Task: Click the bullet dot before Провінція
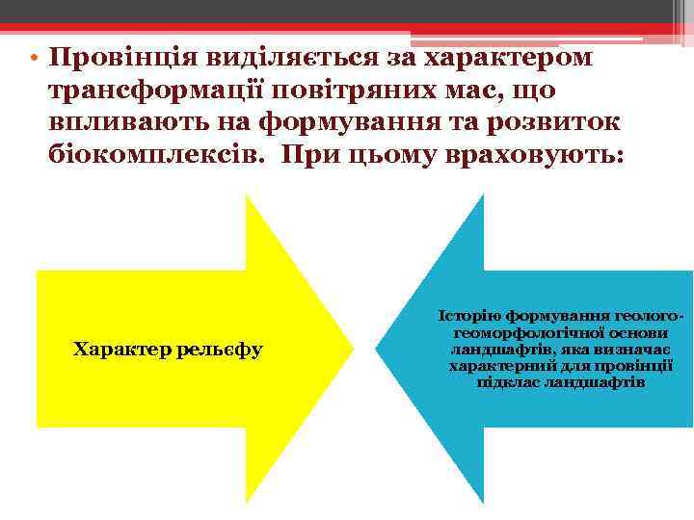[33, 57]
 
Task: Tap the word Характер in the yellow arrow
[117, 349]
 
